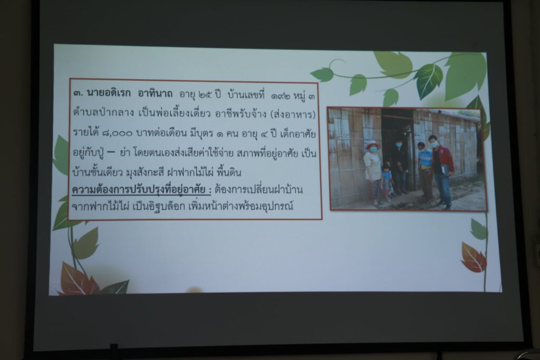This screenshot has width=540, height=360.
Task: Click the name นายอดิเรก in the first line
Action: click(x=109, y=93)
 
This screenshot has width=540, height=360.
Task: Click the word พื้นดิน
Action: click(x=229, y=172)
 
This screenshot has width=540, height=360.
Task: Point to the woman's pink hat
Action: click(x=372, y=145)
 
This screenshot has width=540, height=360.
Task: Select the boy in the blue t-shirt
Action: click(x=424, y=171)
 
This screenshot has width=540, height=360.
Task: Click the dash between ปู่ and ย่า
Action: click(x=111, y=152)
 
